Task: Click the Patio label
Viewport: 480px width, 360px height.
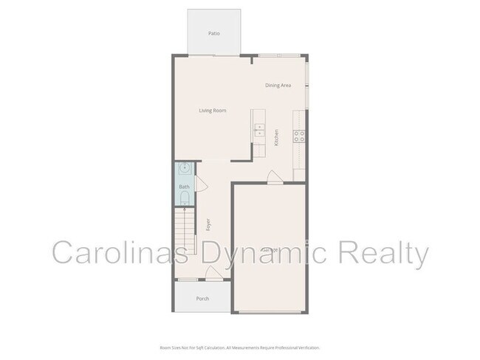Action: tap(214, 33)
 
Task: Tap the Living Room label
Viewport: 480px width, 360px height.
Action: tap(212, 111)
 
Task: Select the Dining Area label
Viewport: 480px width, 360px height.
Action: tap(278, 86)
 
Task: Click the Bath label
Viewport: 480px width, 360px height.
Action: tap(184, 187)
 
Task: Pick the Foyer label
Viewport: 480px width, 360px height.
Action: tap(209, 225)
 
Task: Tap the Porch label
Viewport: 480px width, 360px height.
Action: tap(202, 299)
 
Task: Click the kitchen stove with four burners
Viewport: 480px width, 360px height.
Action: tap(300, 136)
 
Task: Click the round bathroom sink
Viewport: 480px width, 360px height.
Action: tap(185, 168)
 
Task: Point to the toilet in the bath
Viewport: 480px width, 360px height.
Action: tap(185, 198)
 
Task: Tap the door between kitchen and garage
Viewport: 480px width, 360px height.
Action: tap(274, 177)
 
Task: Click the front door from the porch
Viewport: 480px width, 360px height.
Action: tap(213, 274)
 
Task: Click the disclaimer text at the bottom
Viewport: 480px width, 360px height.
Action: tap(240, 347)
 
